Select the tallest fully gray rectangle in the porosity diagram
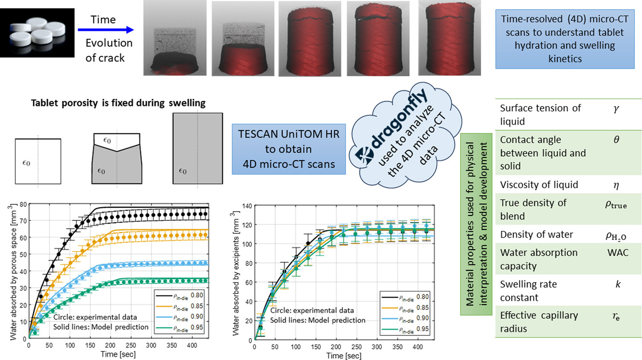pos(198,147)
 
